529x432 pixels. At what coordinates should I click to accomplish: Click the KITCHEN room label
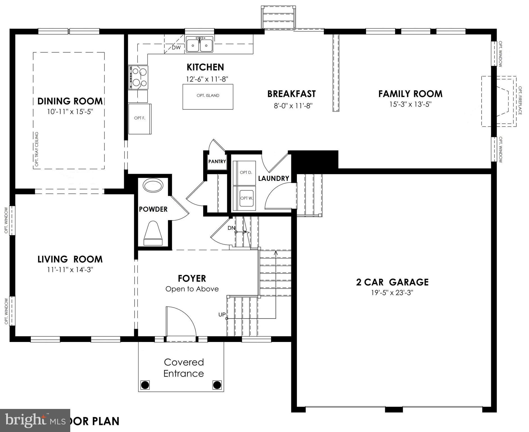(x=205, y=67)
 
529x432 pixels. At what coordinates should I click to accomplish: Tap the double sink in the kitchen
(x=199, y=45)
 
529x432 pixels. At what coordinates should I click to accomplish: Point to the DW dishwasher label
(x=176, y=48)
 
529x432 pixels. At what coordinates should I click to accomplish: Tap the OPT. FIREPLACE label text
(x=520, y=100)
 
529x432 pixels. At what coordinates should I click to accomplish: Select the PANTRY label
(x=217, y=161)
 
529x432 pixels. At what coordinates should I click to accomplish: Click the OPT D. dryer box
(x=246, y=173)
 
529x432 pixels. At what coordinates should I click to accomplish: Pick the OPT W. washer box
(x=246, y=198)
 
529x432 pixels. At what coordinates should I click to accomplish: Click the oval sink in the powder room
(x=153, y=186)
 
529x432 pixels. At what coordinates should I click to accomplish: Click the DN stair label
(x=231, y=228)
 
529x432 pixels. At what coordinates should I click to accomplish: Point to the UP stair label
(x=222, y=314)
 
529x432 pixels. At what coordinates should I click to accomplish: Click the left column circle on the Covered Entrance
(x=145, y=384)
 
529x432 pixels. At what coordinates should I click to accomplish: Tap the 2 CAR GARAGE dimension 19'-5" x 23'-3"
(x=392, y=293)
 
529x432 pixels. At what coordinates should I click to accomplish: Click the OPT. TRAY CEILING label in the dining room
(x=37, y=149)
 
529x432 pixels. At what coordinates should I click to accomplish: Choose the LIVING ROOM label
(x=70, y=259)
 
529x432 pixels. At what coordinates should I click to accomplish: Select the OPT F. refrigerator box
(x=140, y=118)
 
